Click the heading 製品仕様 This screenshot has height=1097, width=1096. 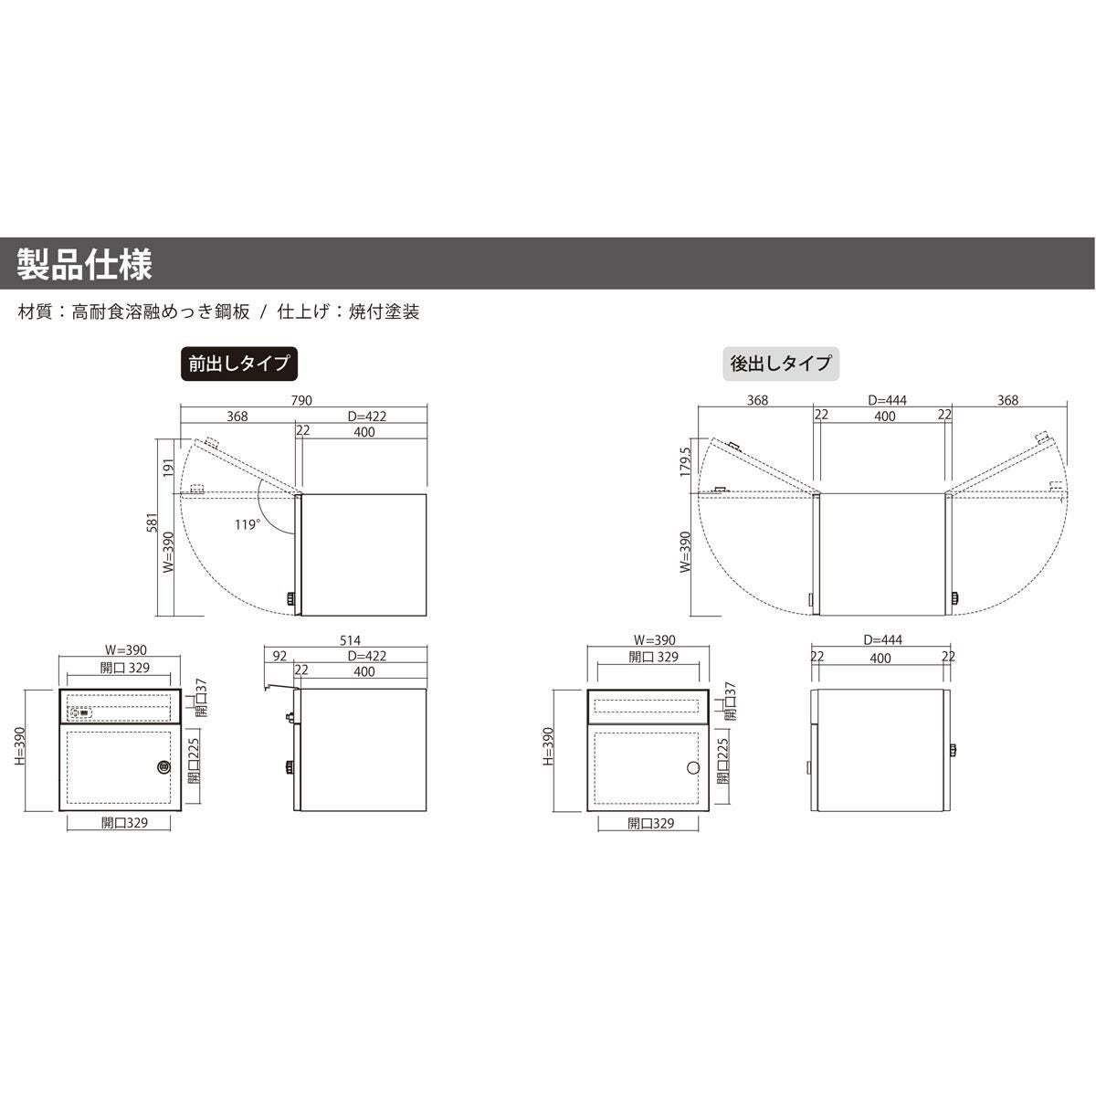click(84, 264)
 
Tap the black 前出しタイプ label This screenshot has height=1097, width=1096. click(239, 364)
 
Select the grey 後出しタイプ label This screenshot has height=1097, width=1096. click(781, 364)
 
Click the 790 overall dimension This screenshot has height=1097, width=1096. click(301, 400)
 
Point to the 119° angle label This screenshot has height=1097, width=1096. click(248, 524)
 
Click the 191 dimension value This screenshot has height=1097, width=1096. click(169, 468)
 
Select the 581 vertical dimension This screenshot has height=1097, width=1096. click(152, 522)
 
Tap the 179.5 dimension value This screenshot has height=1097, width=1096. click(686, 461)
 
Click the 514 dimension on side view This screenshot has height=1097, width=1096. click(350, 640)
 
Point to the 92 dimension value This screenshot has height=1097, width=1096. click(279, 656)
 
